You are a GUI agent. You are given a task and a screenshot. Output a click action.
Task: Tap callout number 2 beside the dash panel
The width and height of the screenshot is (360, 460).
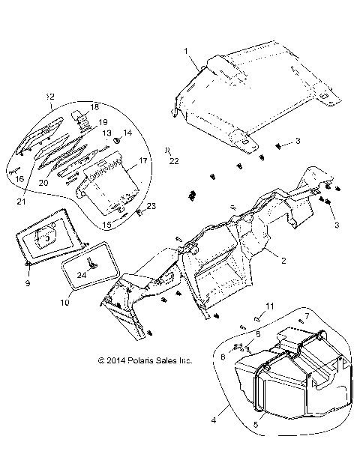pyautogui.click(x=284, y=261)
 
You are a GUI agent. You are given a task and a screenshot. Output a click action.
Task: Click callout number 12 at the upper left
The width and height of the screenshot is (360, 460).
pyautogui.click(x=50, y=97)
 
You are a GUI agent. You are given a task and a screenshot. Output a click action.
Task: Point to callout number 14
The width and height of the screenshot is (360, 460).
pyautogui.click(x=127, y=133)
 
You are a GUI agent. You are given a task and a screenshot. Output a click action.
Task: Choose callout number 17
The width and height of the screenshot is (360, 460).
pyautogui.click(x=142, y=160)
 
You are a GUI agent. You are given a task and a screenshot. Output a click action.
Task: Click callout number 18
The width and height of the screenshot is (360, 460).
pyautogui.click(x=94, y=107)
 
